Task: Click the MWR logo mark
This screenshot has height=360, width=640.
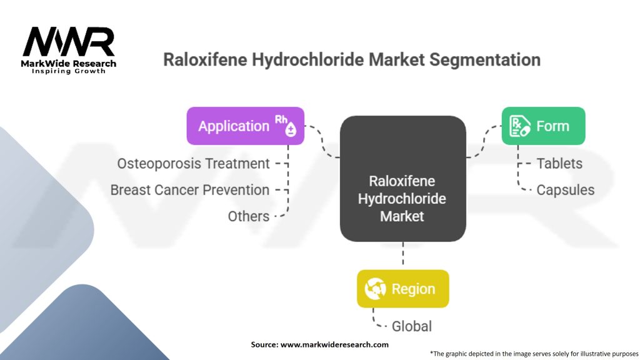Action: pyautogui.click(x=69, y=42)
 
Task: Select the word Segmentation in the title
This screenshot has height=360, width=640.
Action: pyautogui.click(x=485, y=60)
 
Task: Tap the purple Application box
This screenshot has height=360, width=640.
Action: pyautogui.click(x=245, y=126)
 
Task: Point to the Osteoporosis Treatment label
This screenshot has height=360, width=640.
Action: pyautogui.click(x=193, y=164)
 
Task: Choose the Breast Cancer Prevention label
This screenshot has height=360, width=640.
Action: pyautogui.click(x=190, y=190)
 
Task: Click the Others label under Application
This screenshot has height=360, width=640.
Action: pyautogui.click(x=249, y=216)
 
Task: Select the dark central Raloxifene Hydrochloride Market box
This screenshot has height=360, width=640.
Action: pyautogui.click(x=403, y=178)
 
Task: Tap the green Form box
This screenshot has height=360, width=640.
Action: pyautogui.click(x=543, y=126)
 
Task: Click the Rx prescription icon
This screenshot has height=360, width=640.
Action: pyautogui.click(x=519, y=126)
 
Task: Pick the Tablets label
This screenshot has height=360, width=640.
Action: pyautogui.click(x=559, y=164)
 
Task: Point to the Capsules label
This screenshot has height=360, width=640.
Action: pyautogui.click(x=565, y=190)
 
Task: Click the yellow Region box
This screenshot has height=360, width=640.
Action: pyautogui.click(x=403, y=289)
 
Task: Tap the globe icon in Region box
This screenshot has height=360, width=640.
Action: pyautogui.click(x=375, y=289)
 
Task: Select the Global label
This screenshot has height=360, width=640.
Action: pyautogui.click(x=411, y=326)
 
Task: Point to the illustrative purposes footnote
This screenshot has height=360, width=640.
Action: pyautogui.click(x=534, y=354)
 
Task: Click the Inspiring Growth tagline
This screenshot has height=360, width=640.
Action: pyautogui.click(x=69, y=71)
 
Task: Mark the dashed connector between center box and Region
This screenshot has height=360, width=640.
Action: pyautogui.click(x=403, y=253)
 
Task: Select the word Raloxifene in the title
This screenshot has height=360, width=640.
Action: pyautogui.click(x=205, y=60)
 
